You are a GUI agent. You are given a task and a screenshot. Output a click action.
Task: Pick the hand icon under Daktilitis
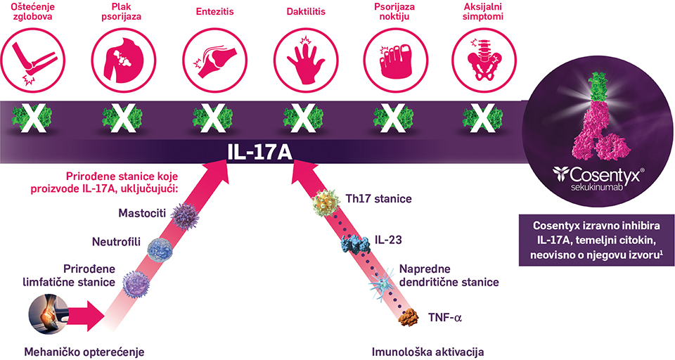click(x=302, y=61)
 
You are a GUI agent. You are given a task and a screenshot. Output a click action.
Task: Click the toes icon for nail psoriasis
click(x=392, y=61)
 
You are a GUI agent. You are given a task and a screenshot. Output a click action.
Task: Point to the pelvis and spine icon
click(x=482, y=61)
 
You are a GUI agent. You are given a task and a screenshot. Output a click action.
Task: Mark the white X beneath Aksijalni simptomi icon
click(x=482, y=117)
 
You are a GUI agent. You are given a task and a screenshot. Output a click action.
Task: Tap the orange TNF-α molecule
click(x=408, y=318)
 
